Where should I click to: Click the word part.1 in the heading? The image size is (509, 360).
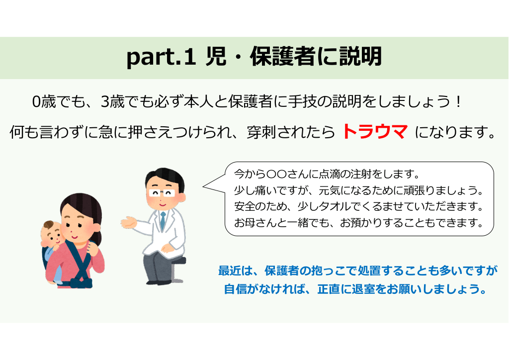tap(161, 57)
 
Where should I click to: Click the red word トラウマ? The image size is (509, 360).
tap(375, 132)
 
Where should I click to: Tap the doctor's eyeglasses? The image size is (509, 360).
tap(162, 193)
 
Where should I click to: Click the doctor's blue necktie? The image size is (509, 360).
tap(163, 221)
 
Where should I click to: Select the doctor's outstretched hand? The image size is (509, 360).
tap(129, 223)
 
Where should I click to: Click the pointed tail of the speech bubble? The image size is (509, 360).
tap(203, 186)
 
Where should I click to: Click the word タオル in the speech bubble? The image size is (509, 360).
tap(326, 206)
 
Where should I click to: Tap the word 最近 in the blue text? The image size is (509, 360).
tap(229, 270)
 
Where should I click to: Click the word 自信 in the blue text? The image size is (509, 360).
tap(235, 288)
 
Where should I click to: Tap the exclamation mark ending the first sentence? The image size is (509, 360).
tap(458, 102)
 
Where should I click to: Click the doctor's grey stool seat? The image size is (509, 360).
tap(178, 261)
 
